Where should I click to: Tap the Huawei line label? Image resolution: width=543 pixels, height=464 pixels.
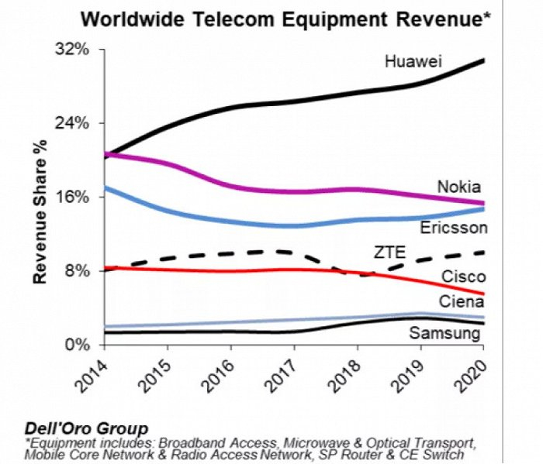[x=413, y=60]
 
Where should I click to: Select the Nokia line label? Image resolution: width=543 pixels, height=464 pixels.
[x=458, y=187]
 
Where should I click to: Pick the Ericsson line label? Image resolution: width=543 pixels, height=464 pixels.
[x=453, y=228]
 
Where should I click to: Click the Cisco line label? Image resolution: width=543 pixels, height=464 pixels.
[x=464, y=277]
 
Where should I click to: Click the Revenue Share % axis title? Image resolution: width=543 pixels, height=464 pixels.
[x=40, y=211]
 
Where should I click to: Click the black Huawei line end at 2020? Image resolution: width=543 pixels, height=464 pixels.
[x=483, y=60]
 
